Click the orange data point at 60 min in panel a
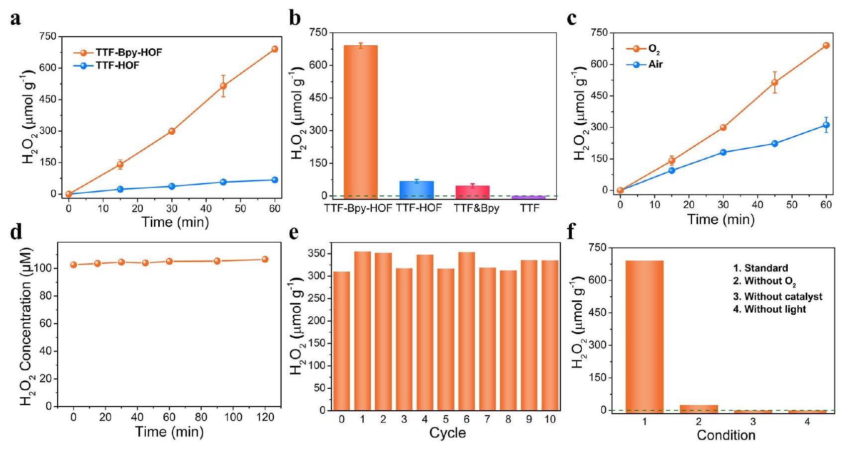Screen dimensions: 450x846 click(x=275, y=49)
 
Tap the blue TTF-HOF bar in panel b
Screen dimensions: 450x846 click(x=417, y=189)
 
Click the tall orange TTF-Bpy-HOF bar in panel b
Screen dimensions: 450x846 click(x=361, y=121)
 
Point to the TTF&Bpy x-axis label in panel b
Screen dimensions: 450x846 click(x=476, y=208)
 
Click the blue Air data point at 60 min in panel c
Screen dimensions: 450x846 click(x=826, y=125)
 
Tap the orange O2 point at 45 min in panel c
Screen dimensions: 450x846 click(x=774, y=83)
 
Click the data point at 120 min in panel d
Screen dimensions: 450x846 click(x=265, y=259)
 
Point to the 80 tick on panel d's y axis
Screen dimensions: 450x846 click(x=48, y=296)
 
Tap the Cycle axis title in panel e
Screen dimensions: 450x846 click(x=447, y=433)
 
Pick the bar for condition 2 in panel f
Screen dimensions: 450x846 click(x=699, y=408)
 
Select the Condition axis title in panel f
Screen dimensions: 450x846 click(x=726, y=436)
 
